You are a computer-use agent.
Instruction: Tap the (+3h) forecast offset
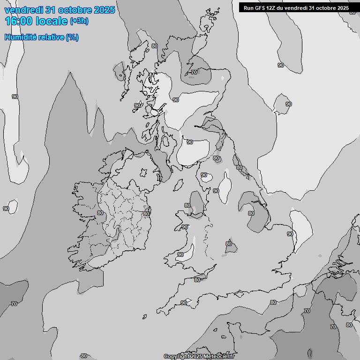[79, 21]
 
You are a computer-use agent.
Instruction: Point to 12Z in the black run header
[269, 7]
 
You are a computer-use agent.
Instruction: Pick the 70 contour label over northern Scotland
[194, 72]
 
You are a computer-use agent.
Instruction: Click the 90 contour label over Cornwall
[184, 303]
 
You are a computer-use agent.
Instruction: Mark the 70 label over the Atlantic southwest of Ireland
[14, 304]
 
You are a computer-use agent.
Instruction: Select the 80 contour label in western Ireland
[100, 213]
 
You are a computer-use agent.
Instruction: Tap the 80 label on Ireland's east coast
[146, 214]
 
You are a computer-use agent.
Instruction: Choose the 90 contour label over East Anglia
[290, 234]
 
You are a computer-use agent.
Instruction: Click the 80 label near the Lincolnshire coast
[251, 213]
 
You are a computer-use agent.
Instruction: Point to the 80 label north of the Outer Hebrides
[155, 46]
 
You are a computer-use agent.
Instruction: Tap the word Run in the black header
[248, 7]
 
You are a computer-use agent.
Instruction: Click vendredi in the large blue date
[23, 10]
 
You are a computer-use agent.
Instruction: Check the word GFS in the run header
[259, 7]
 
